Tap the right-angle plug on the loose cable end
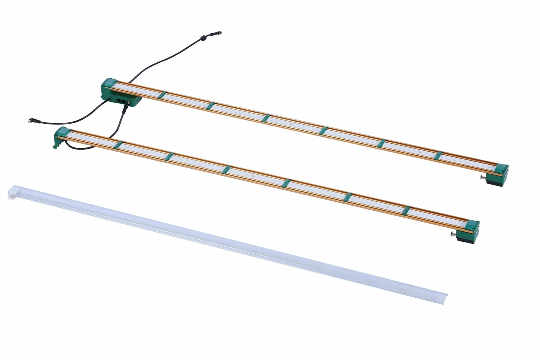tap(32, 120)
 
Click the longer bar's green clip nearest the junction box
tap(161, 95)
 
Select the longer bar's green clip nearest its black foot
tap(438, 156)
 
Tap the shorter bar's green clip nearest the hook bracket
tap(118, 145)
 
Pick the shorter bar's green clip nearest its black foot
tap(406, 211)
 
